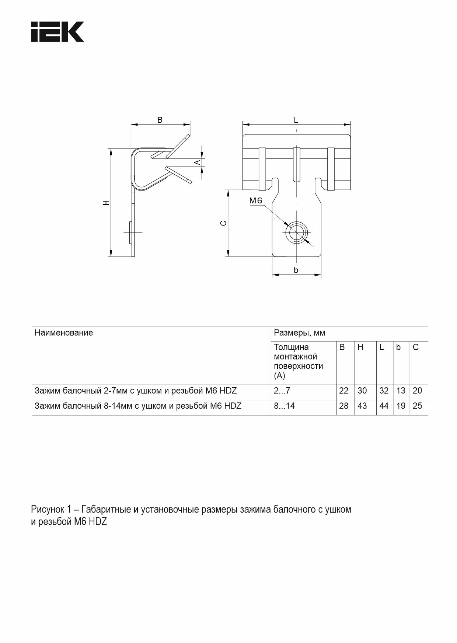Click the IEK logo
pyautogui.click(x=57, y=32)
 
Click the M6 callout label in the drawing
pyautogui.click(x=256, y=201)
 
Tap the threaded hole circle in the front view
pyautogui.click(x=297, y=233)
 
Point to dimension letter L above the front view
pyautogui.click(x=296, y=120)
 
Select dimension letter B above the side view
pyautogui.click(x=160, y=120)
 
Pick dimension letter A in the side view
pyautogui.click(x=198, y=162)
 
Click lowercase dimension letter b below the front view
pyautogui.click(x=296, y=270)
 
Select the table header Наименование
pyautogui.click(x=64, y=333)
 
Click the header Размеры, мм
pyautogui.click(x=299, y=333)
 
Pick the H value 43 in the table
pyautogui.click(x=362, y=406)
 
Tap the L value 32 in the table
pyautogui.click(x=384, y=391)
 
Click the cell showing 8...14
pyautogui.click(x=284, y=406)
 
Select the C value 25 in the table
pyautogui.click(x=417, y=406)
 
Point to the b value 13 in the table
pyautogui.click(x=401, y=391)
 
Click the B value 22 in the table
pyautogui.click(x=343, y=391)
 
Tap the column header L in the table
pyautogui.click(x=381, y=347)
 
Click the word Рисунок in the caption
pyautogui.click(x=48, y=510)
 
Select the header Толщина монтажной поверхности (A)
pyautogui.click(x=299, y=361)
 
